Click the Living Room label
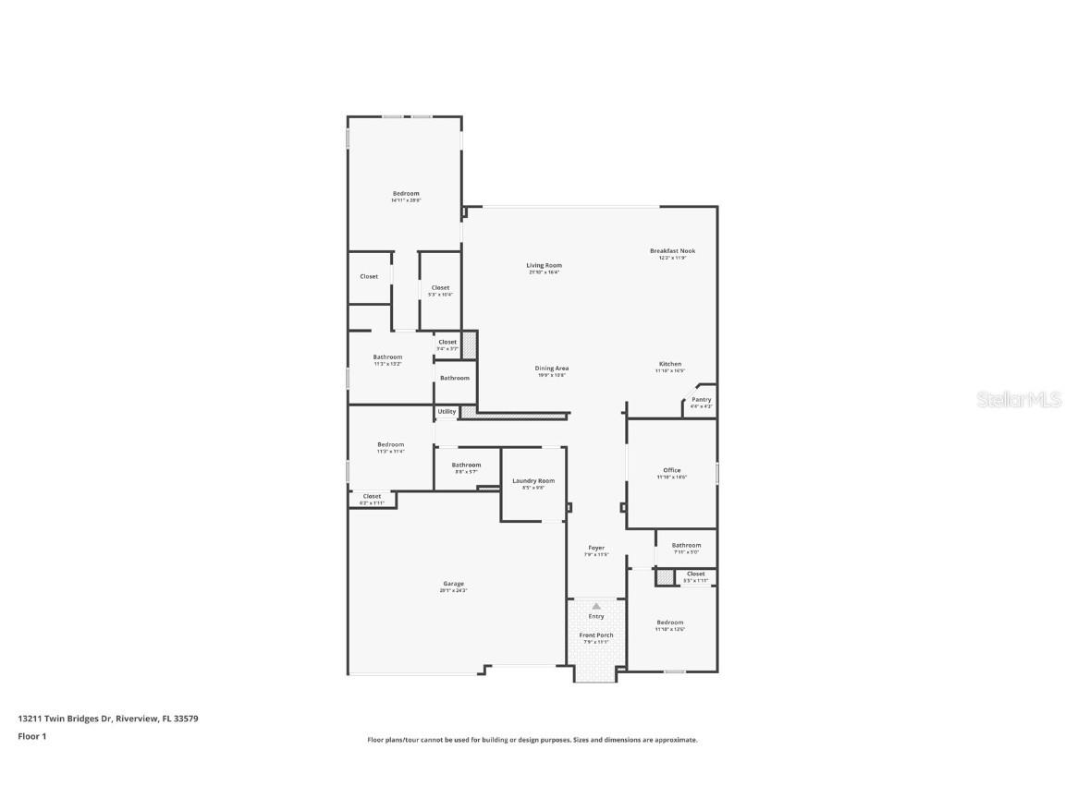[x=545, y=266]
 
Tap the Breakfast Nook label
[x=672, y=251]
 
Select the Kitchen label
[x=670, y=364]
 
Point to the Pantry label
[x=701, y=400]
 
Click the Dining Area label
[x=551, y=369]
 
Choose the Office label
[x=672, y=471]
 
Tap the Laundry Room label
[x=533, y=481]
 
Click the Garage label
[x=453, y=584]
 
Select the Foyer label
[x=596, y=549]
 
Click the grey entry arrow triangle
[x=596, y=606]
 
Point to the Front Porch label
[x=596, y=635]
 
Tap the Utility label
[x=447, y=412]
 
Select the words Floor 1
[x=31, y=736]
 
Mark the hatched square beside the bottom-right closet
[x=665, y=577]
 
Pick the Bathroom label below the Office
[x=686, y=546]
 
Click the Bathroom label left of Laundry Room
[x=466, y=465]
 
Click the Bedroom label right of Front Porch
[x=670, y=623]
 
